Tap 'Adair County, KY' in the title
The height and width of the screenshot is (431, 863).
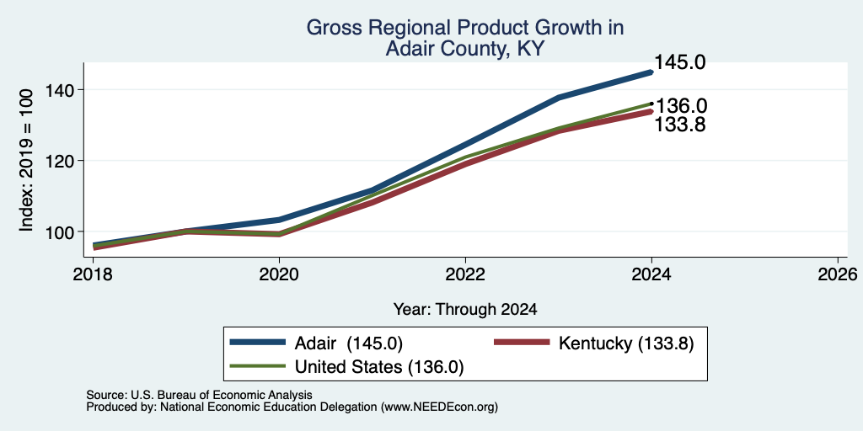tap(465, 49)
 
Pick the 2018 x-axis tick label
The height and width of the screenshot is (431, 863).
tap(93, 274)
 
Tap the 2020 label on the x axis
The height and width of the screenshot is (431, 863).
tap(279, 274)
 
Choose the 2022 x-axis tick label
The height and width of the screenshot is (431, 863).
tap(465, 274)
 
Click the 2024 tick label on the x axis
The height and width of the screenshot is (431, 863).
tap(651, 274)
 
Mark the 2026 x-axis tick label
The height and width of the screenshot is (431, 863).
tap(838, 274)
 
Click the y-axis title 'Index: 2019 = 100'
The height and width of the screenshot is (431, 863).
tap(26, 160)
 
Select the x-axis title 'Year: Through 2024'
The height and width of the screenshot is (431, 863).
tap(465, 310)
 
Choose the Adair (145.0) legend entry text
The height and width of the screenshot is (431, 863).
tap(349, 343)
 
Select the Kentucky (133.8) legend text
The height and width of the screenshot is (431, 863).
tap(626, 343)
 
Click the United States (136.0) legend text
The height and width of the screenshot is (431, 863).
tap(379, 367)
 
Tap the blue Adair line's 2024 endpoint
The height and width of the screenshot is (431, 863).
tap(651, 72)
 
